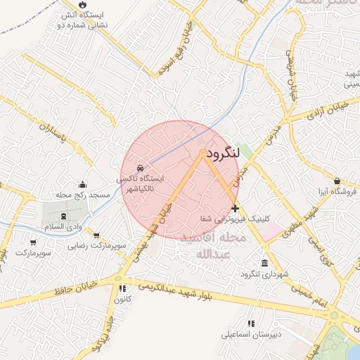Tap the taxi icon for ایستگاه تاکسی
click(x=140, y=169)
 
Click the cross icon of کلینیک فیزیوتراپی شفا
click(x=235, y=208)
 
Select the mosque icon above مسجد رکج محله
click(x=83, y=184)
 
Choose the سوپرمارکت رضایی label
click(x=97, y=246)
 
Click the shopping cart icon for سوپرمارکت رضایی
click(x=96, y=236)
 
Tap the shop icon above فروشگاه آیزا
click(x=338, y=181)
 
